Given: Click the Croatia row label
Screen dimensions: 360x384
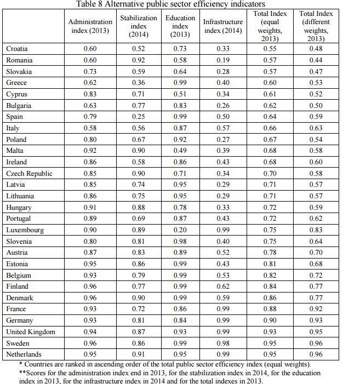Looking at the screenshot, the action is pyautogui.click(x=16, y=49).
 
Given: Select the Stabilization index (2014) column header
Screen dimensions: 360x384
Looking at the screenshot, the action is pyautogui.click(x=139, y=26).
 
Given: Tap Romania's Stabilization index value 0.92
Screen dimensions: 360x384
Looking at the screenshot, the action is pyautogui.click(x=139, y=60).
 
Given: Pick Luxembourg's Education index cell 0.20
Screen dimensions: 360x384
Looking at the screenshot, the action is pyautogui.click(x=180, y=230).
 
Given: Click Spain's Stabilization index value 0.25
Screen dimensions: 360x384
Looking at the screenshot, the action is pyautogui.click(x=139, y=116).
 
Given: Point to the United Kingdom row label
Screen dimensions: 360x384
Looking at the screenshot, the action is pyautogui.click(x=31, y=331).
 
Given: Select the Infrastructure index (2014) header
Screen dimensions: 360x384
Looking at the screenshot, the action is pyautogui.click(x=223, y=26).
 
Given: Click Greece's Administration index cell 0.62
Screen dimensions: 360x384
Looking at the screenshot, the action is pyautogui.click(x=90, y=83).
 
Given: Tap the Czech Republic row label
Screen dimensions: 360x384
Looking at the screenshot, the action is pyautogui.click(x=29, y=174).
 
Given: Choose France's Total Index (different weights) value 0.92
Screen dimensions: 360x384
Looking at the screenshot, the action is pyautogui.click(x=316, y=308).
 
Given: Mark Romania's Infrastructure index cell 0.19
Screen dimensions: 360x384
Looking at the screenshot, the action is pyautogui.click(x=223, y=60).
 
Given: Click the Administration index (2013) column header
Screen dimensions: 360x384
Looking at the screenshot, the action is pyautogui.click(x=90, y=26).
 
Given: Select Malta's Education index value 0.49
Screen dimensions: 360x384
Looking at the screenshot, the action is pyautogui.click(x=180, y=150).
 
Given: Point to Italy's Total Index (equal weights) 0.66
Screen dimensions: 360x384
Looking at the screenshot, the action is pyautogui.click(x=270, y=128).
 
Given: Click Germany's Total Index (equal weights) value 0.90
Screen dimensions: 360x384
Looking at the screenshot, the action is pyautogui.click(x=270, y=320).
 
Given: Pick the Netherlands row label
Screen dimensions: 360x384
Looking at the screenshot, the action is pyautogui.click(x=24, y=354).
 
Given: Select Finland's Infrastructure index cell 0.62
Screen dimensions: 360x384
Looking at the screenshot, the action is pyautogui.click(x=223, y=286).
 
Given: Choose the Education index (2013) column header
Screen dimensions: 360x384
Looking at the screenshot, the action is pyautogui.click(x=180, y=26).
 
